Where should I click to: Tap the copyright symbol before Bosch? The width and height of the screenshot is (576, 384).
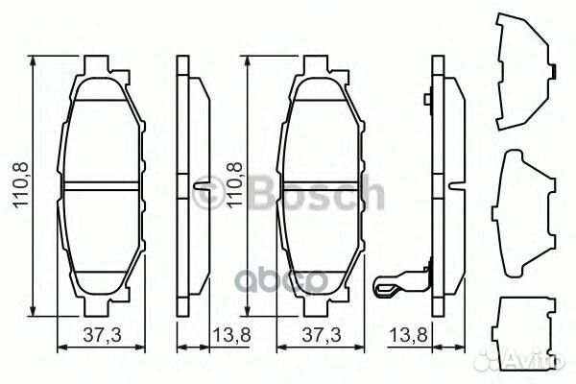[x=204, y=195]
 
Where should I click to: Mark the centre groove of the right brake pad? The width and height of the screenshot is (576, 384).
[x=323, y=184]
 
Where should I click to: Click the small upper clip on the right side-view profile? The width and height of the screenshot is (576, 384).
[x=428, y=97]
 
